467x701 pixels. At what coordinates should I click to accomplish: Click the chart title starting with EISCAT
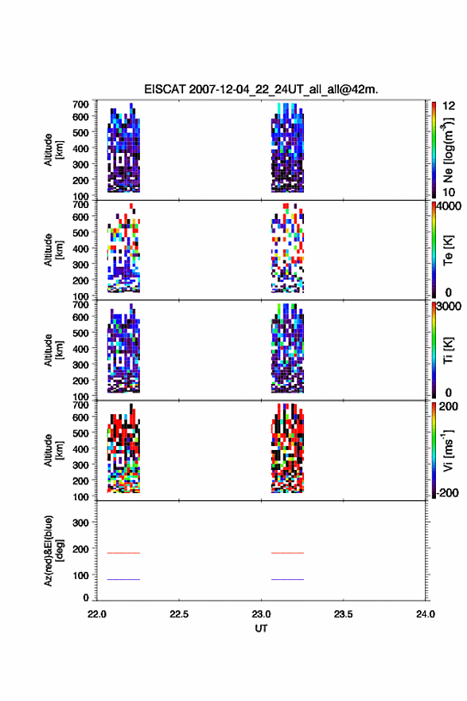point(261,89)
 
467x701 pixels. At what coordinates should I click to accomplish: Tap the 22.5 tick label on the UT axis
point(179,614)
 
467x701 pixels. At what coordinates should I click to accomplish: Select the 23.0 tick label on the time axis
point(261,614)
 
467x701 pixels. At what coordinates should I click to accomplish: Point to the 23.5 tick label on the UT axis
point(344,614)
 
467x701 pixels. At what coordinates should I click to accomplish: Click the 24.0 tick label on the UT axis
point(426,614)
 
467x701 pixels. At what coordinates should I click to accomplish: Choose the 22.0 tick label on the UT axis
point(97,614)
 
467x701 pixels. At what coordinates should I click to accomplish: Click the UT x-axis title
point(261,629)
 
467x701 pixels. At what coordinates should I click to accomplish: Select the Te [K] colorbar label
point(448,250)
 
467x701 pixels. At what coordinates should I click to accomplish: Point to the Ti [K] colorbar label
point(448,350)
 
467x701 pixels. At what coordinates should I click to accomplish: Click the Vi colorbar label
point(448,451)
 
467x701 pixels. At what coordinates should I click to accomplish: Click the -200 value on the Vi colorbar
point(447,492)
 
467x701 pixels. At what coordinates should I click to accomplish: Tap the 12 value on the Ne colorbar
point(449,106)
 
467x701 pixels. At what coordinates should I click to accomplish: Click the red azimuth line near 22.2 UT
point(123,553)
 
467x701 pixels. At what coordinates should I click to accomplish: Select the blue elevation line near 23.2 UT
point(287,579)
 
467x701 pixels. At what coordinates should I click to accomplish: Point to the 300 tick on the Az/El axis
point(81,523)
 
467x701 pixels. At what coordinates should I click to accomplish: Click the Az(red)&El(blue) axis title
point(53,550)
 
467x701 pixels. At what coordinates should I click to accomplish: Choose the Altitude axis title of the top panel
point(53,150)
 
